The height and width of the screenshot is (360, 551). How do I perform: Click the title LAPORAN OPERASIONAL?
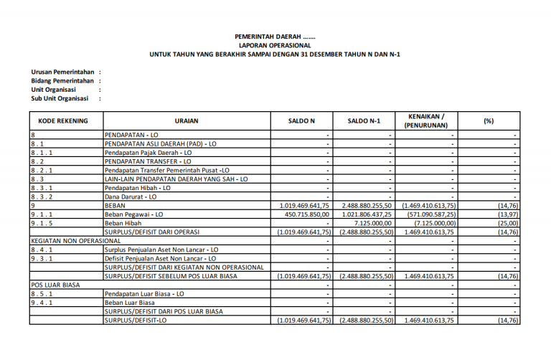(x=275, y=44)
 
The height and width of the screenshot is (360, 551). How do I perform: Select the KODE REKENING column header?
(x=63, y=121)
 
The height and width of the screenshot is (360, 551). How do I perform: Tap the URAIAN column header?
(x=186, y=121)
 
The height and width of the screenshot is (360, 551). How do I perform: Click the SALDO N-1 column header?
(x=364, y=121)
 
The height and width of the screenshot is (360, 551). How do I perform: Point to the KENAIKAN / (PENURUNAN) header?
(x=426, y=120)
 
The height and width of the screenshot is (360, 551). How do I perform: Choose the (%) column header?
(x=489, y=121)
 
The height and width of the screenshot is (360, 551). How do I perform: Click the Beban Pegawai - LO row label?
(x=134, y=214)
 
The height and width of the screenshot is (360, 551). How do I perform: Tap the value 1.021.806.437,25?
(x=364, y=214)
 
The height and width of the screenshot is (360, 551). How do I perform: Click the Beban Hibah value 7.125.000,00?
(x=369, y=223)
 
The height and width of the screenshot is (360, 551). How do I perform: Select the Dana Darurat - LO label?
(x=131, y=196)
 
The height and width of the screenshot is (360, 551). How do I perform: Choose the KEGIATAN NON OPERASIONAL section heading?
(x=75, y=240)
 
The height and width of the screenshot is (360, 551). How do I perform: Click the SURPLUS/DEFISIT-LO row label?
(x=136, y=321)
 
